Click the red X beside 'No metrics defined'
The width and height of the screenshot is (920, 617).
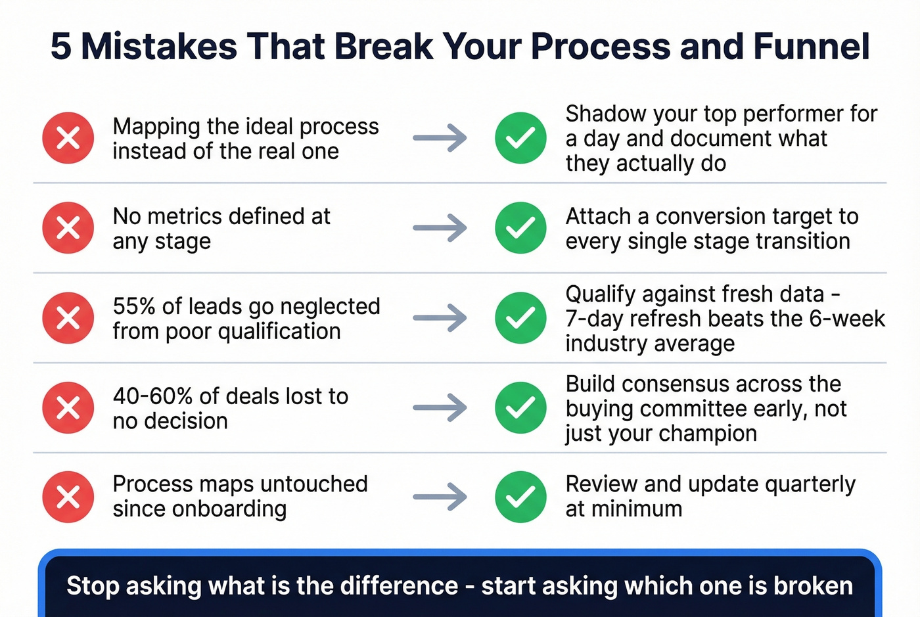(68, 228)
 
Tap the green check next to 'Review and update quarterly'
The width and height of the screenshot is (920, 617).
(520, 497)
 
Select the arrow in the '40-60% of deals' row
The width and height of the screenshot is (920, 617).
(440, 407)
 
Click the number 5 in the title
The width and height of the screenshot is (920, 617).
(60, 47)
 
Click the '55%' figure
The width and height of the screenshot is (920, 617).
(134, 306)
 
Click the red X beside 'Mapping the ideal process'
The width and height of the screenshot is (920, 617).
(68, 138)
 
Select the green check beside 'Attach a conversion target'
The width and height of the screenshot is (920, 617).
(520, 228)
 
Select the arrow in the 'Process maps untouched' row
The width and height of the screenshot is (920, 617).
(440, 497)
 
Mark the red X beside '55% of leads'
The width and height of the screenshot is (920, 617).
(68, 318)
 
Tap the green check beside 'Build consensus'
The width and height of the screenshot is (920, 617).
(520, 407)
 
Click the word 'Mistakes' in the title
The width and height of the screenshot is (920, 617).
(158, 47)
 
